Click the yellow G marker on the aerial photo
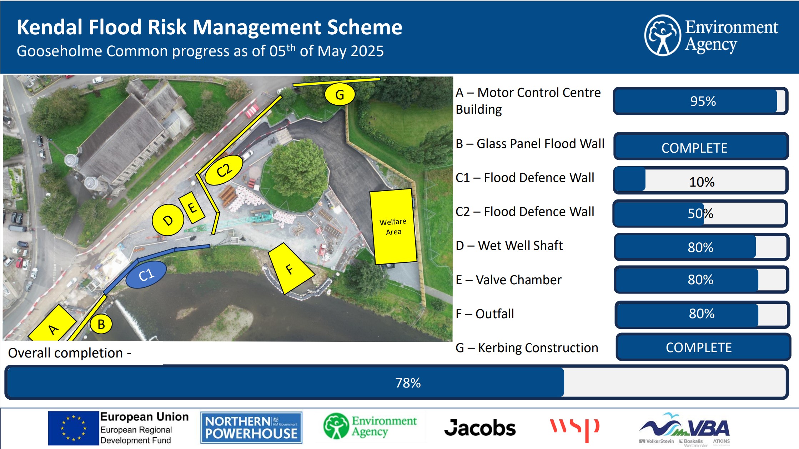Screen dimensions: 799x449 tap(340, 94)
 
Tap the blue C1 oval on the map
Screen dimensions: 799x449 tap(146, 275)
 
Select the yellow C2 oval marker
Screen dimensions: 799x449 tap(224, 170)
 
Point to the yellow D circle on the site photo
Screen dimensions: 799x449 tap(168, 220)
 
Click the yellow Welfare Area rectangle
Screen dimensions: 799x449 tap(393, 227)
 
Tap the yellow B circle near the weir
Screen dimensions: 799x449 tap(101, 324)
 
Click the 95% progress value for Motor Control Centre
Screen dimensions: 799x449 tap(703, 101)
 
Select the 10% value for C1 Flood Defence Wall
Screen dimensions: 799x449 tap(702, 182)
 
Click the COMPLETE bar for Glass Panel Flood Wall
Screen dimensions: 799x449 tap(701, 146)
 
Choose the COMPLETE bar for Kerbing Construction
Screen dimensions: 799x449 tap(703, 347)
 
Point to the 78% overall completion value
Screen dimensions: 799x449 tap(408, 383)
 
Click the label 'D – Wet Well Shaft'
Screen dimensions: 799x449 tap(509, 246)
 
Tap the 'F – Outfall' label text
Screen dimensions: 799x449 tap(485, 314)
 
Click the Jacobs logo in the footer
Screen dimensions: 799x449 tap(480, 428)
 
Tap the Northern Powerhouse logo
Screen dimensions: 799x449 tap(251, 428)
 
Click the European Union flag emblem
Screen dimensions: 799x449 tap(73, 428)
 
